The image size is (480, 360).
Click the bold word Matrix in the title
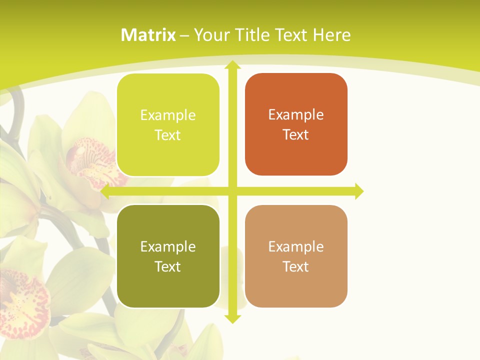point(148,35)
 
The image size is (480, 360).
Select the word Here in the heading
point(331,35)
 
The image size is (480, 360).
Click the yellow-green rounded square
point(168,125)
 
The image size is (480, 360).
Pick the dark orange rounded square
point(296,124)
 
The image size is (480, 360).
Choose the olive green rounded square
point(168,256)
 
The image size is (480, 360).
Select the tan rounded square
point(296,256)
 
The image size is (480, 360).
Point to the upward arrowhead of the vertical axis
point(232,65)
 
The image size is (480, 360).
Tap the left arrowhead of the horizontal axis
point(105,191)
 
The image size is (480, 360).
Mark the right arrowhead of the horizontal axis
point(358,191)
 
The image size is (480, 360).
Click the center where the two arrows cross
point(232,191)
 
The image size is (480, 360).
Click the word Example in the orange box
point(296,115)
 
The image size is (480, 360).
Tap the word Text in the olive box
point(168,266)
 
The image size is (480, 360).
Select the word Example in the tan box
point(296,246)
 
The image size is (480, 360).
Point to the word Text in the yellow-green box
point(168,135)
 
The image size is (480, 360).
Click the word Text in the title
point(291,35)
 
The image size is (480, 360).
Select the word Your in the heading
point(211,35)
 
